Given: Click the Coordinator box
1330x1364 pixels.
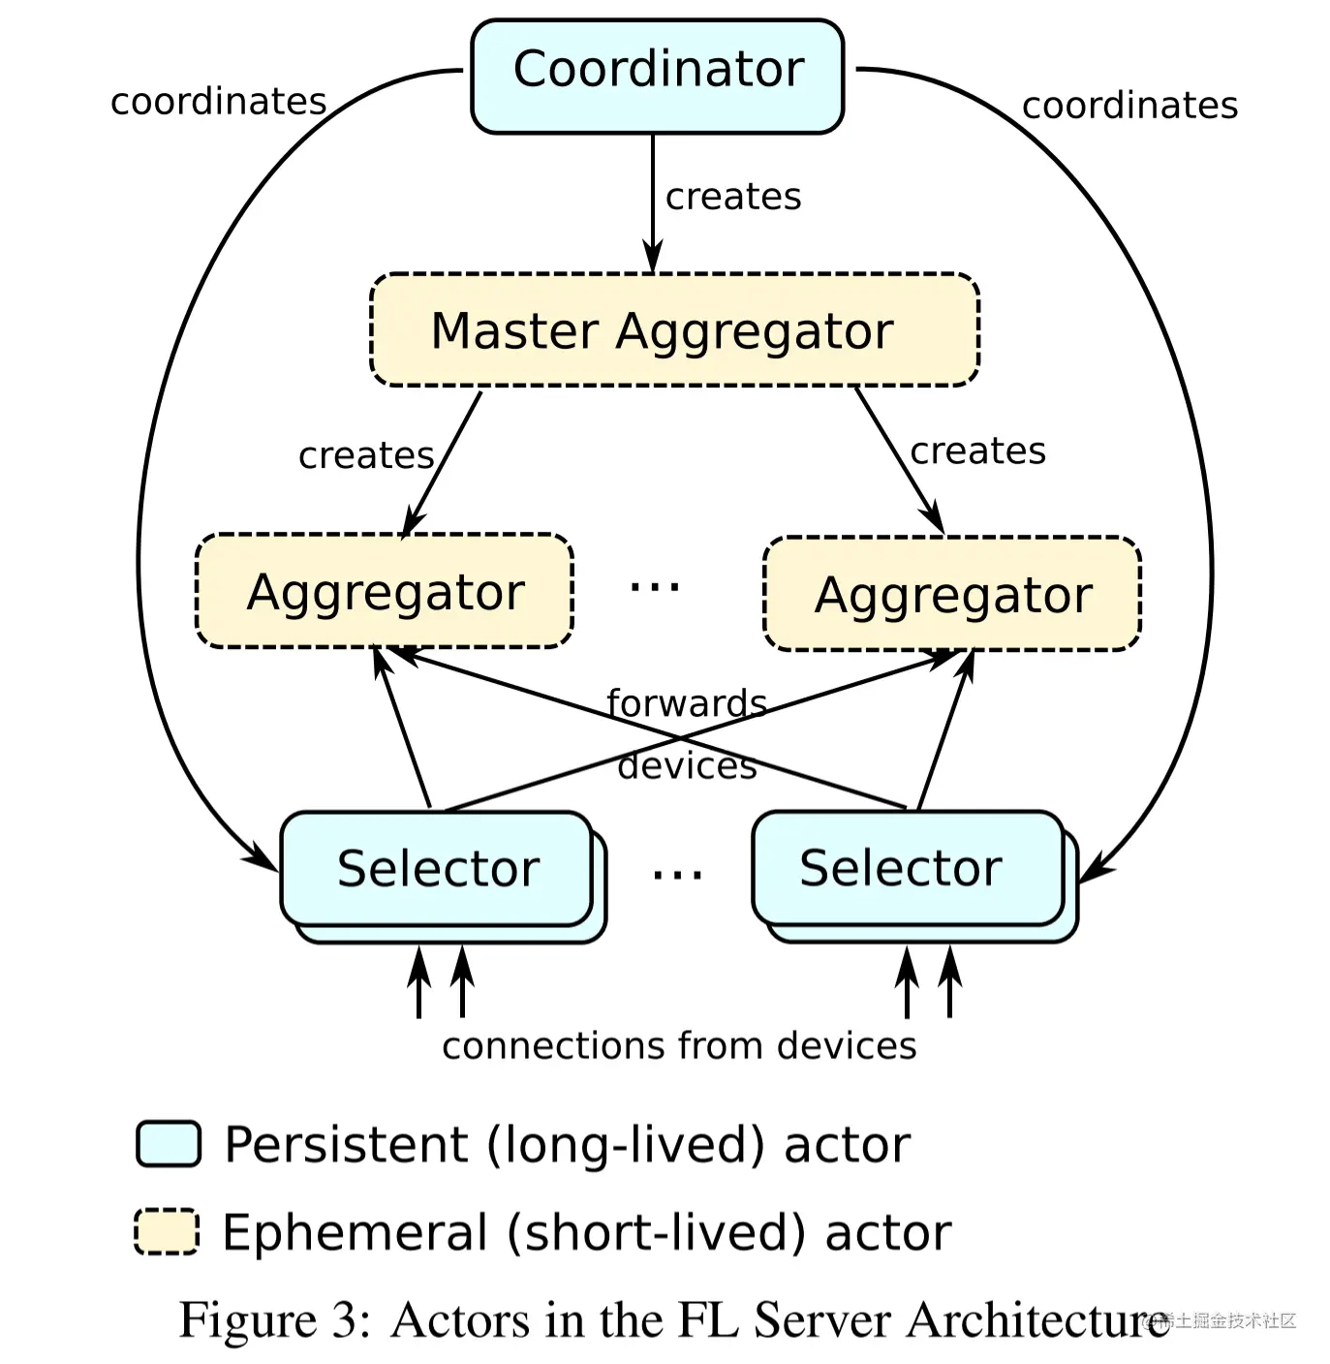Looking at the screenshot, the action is click(658, 77).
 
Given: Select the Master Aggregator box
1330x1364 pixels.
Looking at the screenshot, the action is click(674, 329).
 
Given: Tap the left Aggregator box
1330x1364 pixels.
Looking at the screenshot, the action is click(385, 591).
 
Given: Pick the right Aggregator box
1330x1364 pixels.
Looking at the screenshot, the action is click(952, 594).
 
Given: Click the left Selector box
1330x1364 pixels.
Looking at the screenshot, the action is click(443, 877).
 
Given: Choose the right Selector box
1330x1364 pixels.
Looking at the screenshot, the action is click(915, 876).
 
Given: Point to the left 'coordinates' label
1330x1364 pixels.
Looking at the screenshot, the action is click(219, 102).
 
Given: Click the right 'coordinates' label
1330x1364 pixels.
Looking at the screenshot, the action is click(1129, 106).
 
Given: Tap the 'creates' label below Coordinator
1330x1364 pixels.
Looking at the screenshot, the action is click(733, 197).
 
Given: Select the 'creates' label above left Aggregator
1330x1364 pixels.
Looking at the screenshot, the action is click(366, 455).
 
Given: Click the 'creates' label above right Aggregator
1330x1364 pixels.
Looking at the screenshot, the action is click(977, 450).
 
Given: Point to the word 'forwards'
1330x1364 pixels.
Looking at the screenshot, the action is click(687, 702).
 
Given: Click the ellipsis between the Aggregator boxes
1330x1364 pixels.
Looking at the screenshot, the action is click(655, 586).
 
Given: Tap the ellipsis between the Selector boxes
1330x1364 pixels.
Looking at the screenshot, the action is click(677, 874).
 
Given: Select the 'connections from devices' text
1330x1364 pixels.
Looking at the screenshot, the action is click(679, 1045).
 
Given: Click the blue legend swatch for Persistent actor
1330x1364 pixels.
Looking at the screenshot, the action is click(169, 1144).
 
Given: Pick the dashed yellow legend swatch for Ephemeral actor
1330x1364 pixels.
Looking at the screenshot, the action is click(167, 1231).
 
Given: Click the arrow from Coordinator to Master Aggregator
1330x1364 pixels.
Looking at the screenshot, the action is click(653, 203).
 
